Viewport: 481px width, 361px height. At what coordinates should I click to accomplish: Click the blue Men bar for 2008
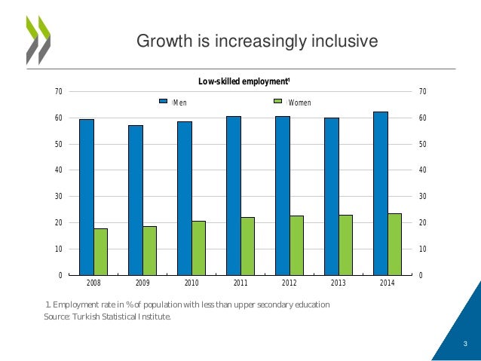(86, 197)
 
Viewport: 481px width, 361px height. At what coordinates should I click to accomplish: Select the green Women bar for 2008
(100, 251)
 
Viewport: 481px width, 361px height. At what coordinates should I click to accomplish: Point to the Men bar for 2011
(233, 195)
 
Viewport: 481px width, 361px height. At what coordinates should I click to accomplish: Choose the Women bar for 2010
(198, 247)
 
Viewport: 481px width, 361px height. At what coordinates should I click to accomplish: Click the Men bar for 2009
(135, 200)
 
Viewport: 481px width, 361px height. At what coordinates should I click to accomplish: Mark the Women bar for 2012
(296, 245)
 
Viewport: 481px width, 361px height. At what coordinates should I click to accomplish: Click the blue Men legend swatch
(162, 101)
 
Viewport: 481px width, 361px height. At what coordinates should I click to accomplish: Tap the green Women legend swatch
(277, 101)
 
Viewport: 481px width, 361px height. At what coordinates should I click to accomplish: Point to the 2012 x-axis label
(290, 284)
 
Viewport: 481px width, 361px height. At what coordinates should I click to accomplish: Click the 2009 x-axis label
(142, 284)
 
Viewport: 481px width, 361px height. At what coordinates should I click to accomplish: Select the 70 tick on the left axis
(58, 92)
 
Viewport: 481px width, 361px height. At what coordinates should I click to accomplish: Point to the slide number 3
(465, 344)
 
